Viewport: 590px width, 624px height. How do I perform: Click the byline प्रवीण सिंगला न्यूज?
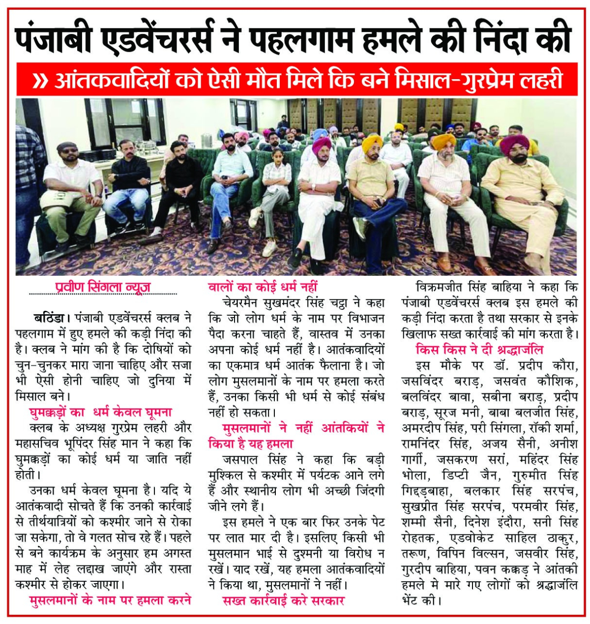103,287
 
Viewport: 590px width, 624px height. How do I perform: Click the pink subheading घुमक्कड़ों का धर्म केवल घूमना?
101,412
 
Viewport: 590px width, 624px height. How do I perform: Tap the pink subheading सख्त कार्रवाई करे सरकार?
284,600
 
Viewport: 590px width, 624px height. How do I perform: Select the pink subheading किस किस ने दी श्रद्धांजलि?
479,350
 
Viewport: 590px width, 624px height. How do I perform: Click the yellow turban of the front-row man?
372,143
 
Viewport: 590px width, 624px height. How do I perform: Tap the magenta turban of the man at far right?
514,143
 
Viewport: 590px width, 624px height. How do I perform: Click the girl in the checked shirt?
276,192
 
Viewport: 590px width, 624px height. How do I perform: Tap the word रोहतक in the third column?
417,537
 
